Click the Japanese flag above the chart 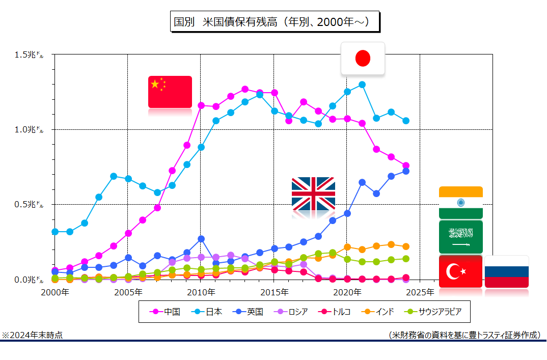click(363, 58)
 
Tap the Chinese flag click(170, 92)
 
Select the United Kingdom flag click(313, 193)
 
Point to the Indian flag click(460, 202)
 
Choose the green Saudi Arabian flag click(460, 236)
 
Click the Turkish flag click(460, 271)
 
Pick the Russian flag click(506, 272)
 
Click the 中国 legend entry click(165, 312)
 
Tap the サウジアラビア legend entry click(433, 312)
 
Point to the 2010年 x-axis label click(201, 292)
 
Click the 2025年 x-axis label click(421, 292)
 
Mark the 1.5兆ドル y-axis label click(30, 54)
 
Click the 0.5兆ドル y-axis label click(30, 205)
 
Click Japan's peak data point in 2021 click(362, 85)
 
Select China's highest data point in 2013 click(245, 89)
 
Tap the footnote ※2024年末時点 click(34, 335)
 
